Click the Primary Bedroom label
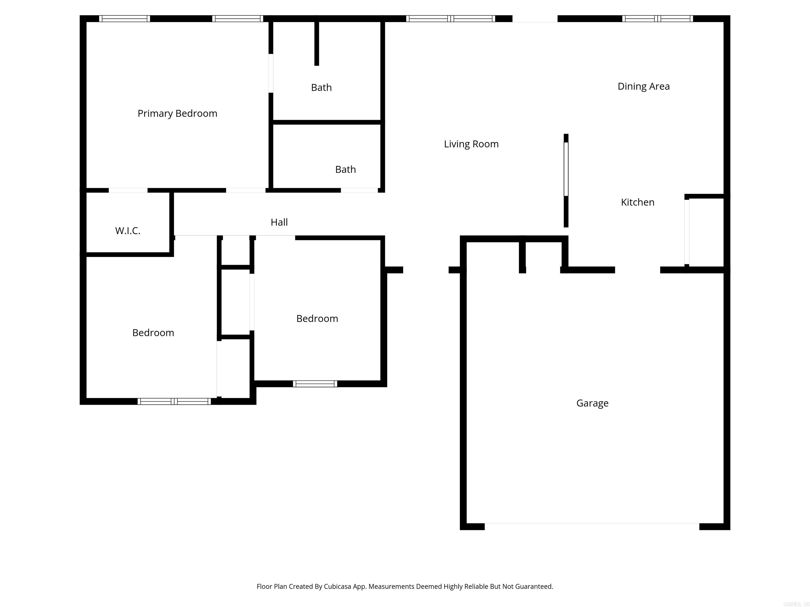click(177, 114)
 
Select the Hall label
click(279, 222)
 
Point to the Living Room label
click(471, 144)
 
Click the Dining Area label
click(643, 86)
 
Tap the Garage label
click(592, 403)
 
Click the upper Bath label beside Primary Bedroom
click(321, 87)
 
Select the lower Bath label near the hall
click(345, 169)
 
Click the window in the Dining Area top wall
click(657, 19)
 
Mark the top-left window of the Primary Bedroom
click(124, 19)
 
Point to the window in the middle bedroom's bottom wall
click(315, 383)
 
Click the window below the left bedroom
click(174, 402)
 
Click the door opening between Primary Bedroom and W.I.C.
click(128, 190)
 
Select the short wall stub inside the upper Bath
click(316, 43)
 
